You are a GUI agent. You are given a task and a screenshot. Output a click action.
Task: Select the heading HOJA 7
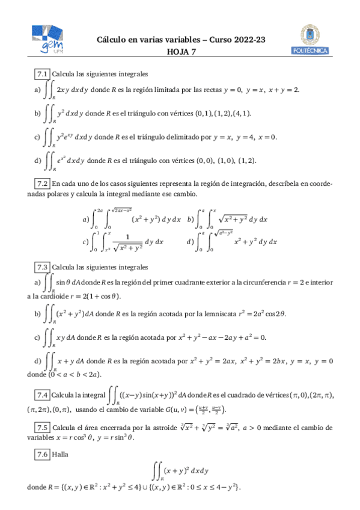tap(181, 52)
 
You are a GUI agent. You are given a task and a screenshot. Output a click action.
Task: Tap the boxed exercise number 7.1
tap(41, 73)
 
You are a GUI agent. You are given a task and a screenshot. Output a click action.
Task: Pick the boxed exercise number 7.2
tap(41, 183)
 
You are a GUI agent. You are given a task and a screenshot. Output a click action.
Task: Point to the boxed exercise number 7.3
tap(41, 266)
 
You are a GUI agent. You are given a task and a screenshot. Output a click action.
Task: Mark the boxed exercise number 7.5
tap(41, 428)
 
